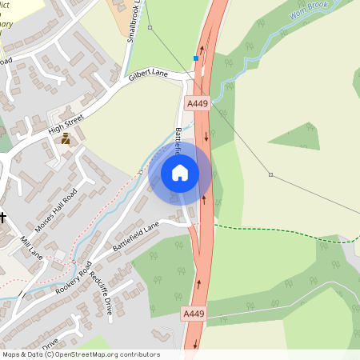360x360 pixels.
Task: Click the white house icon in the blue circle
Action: [x=180, y=172]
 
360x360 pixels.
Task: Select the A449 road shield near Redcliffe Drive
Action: [x=194, y=314]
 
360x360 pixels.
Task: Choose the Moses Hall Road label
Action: [x=60, y=208]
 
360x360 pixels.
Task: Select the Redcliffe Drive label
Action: [x=106, y=288]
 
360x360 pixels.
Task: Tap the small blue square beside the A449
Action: [x=195, y=58]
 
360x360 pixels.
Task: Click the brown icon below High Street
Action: [x=66, y=138]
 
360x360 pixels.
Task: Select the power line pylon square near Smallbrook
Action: [x=150, y=27]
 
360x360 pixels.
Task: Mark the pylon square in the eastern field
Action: [x=270, y=174]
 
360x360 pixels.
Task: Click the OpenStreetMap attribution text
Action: [x=80, y=354]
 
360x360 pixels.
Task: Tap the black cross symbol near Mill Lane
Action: [x=2, y=217]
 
